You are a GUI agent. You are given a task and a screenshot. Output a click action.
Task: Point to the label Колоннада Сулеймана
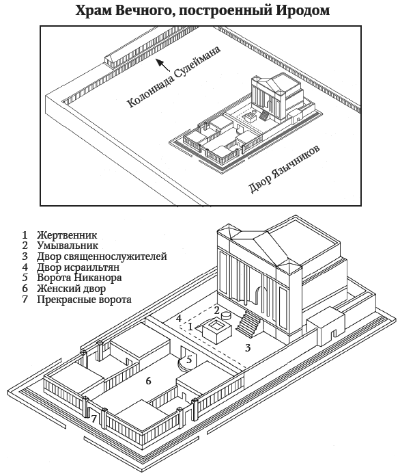pyautogui.click(x=173, y=77)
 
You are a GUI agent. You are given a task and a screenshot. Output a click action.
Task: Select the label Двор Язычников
pyautogui.click(x=284, y=170)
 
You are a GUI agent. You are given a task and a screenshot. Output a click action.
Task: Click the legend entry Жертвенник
pyautogui.click(x=67, y=235)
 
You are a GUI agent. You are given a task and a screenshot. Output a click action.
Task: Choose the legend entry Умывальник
pyautogui.click(x=68, y=246)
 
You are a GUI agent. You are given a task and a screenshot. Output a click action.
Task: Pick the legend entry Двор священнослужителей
pyautogui.click(x=102, y=256)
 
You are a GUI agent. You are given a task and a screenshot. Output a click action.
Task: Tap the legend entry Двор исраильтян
pyautogui.click(x=78, y=267)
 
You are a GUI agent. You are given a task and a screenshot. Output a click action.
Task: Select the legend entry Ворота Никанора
pyautogui.click(x=79, y=278)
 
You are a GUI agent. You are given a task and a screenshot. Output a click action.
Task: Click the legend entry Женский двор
pyautogui.click(x=71, y=289)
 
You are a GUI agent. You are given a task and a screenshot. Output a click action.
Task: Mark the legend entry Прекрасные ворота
pyautogui.click(x=84, y=300)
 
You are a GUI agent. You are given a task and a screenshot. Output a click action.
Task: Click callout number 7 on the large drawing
pyautogui.click(x=94, y=419)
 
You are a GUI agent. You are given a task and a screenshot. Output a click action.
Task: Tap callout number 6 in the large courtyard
pyautogui.click(x=148, y=381)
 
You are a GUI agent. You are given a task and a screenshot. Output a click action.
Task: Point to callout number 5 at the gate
pyautogui.click(x=189, y=360)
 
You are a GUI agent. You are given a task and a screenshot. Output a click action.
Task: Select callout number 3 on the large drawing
pyautogui.click(x=248, y=348)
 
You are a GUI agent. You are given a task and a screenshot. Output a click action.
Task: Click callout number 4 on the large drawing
pyautogui.click(x=179, y=319)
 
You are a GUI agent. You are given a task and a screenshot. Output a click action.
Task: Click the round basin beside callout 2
pyautogui.click(x=226, y=316)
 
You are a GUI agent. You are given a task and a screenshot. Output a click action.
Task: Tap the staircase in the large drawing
pyautogui.click(x=248, y=324)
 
